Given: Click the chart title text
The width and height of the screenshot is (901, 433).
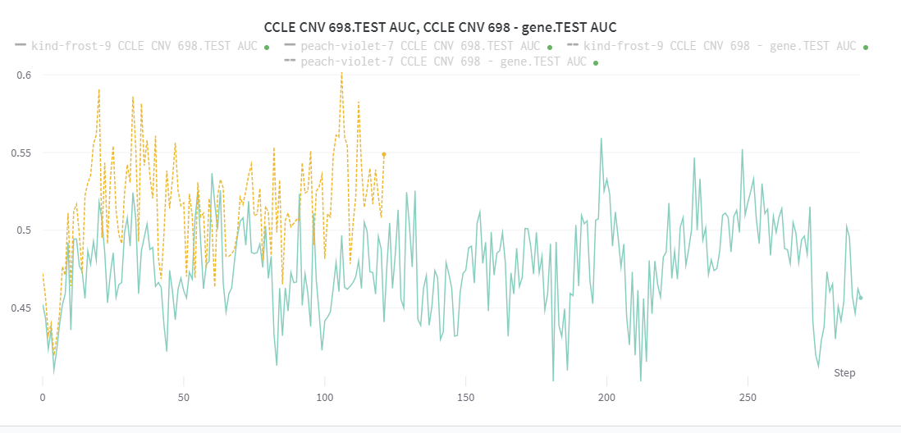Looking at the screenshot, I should point(440,27).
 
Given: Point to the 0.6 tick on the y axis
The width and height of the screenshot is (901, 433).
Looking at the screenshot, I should point(24,75).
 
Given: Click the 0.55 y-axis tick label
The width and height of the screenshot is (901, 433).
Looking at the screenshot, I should point(21,153).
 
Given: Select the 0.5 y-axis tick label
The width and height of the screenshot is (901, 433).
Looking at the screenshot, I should point(24,230).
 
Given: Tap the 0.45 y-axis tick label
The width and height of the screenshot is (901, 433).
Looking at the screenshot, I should point(21,308).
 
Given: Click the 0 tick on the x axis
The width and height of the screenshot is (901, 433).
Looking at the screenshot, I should point(43,397).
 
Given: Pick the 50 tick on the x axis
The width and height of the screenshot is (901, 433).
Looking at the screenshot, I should point(183,397).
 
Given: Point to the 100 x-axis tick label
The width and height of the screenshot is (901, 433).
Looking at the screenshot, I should point(324,397).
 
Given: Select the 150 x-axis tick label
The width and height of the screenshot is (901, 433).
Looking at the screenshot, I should point(465,397).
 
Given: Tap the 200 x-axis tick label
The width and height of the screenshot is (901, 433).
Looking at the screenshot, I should point(607,397).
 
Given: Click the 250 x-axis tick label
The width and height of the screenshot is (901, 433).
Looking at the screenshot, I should point(748,397).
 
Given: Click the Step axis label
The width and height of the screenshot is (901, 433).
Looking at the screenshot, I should point(844,373).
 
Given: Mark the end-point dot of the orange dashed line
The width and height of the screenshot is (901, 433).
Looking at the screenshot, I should point(384,154).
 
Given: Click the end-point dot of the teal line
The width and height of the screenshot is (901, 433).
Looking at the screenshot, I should point(861,298).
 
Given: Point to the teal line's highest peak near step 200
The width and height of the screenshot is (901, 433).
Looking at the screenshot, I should point(601,139).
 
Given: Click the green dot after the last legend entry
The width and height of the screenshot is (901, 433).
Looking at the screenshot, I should point(596,63).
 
